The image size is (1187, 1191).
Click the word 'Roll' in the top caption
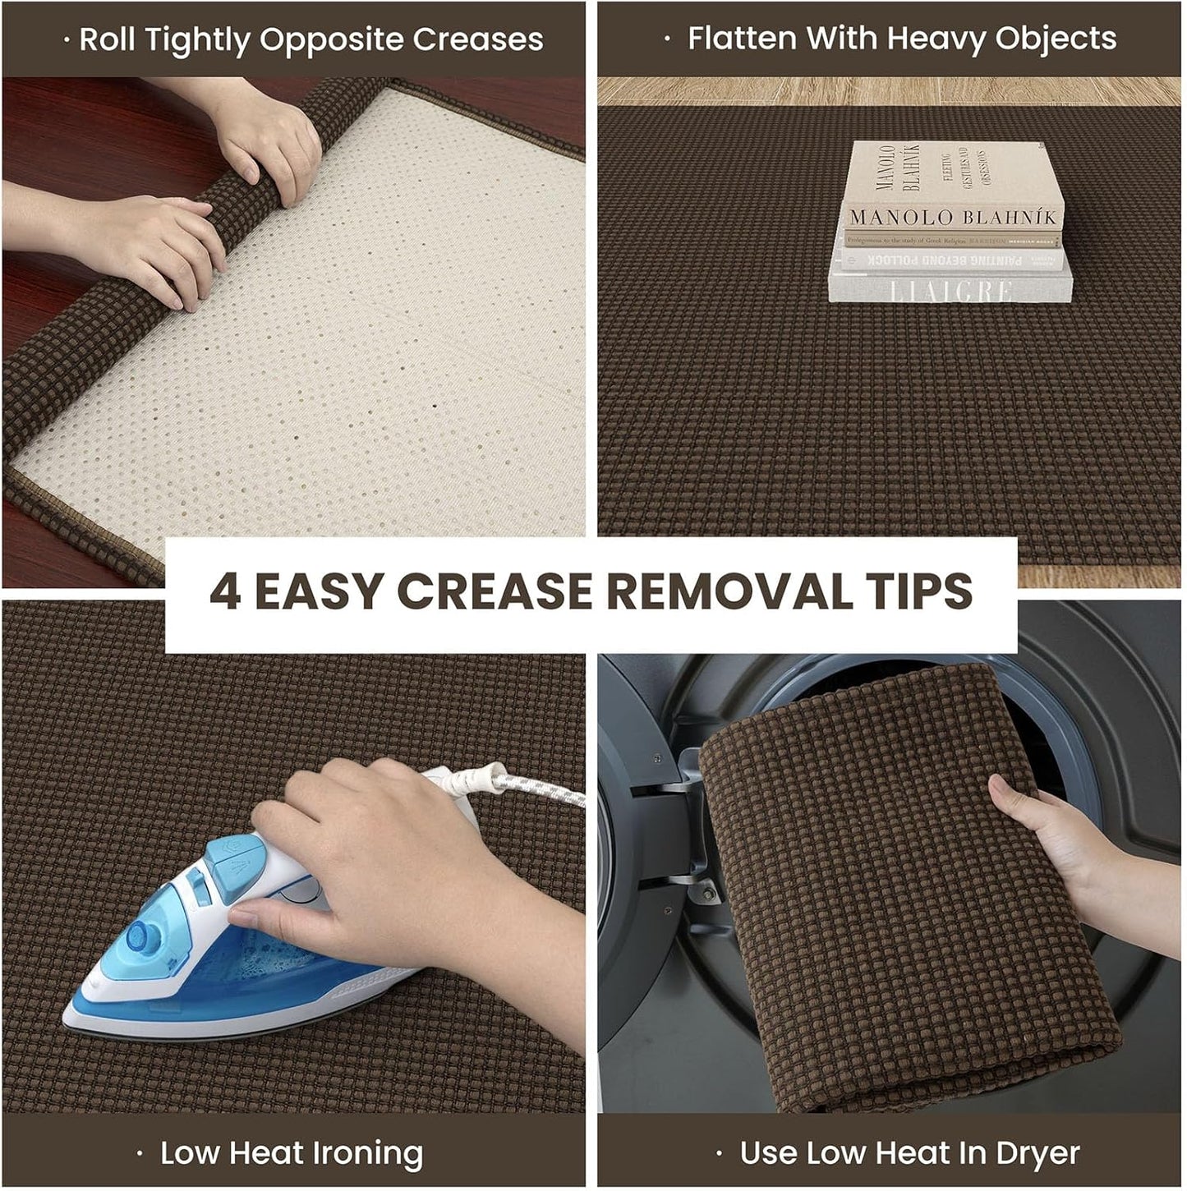108,39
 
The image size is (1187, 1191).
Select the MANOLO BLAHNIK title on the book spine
952,218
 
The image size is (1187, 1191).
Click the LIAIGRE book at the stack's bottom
950,289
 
